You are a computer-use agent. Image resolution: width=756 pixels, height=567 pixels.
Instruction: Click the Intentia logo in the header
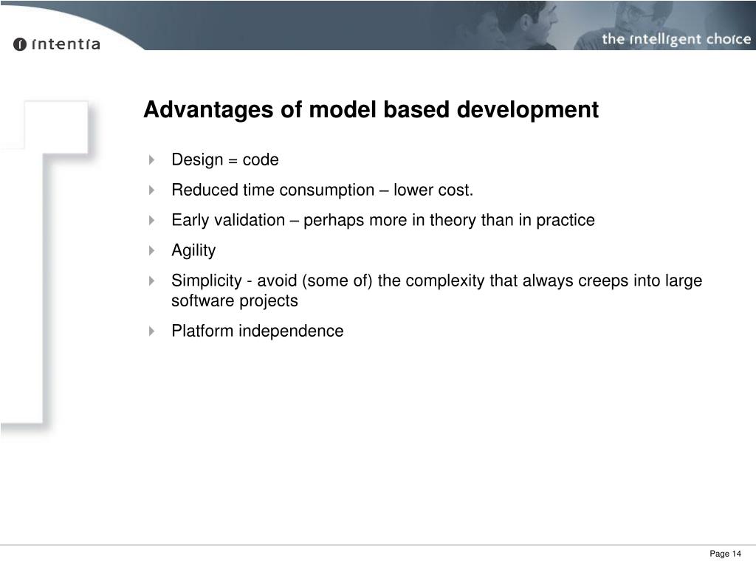point(56,44)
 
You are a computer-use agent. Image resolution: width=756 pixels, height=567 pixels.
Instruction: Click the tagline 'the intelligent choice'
point(676,39)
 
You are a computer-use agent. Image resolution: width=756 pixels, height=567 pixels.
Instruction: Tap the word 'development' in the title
point(528,110)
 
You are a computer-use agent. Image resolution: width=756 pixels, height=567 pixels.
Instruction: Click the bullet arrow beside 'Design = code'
point(151,159)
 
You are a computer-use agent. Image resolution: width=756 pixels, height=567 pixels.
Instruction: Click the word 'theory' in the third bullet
point(453,220)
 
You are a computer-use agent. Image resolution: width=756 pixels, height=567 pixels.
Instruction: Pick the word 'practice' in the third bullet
point(565,220)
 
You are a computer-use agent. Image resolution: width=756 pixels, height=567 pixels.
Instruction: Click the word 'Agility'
point(193,251)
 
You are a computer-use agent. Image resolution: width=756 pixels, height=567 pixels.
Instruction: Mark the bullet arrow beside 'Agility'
point(151,250)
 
